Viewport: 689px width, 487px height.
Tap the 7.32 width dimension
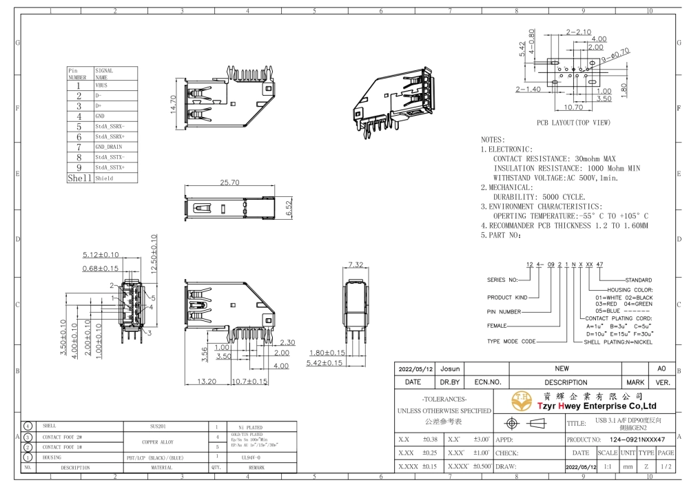point(356,265)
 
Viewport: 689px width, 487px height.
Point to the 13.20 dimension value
point(207,381)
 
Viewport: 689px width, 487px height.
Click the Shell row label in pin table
point(79,178)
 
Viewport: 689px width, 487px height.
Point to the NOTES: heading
point(493,139)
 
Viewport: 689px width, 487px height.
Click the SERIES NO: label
point(502,280)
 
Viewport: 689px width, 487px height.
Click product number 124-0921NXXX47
point(632,439)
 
